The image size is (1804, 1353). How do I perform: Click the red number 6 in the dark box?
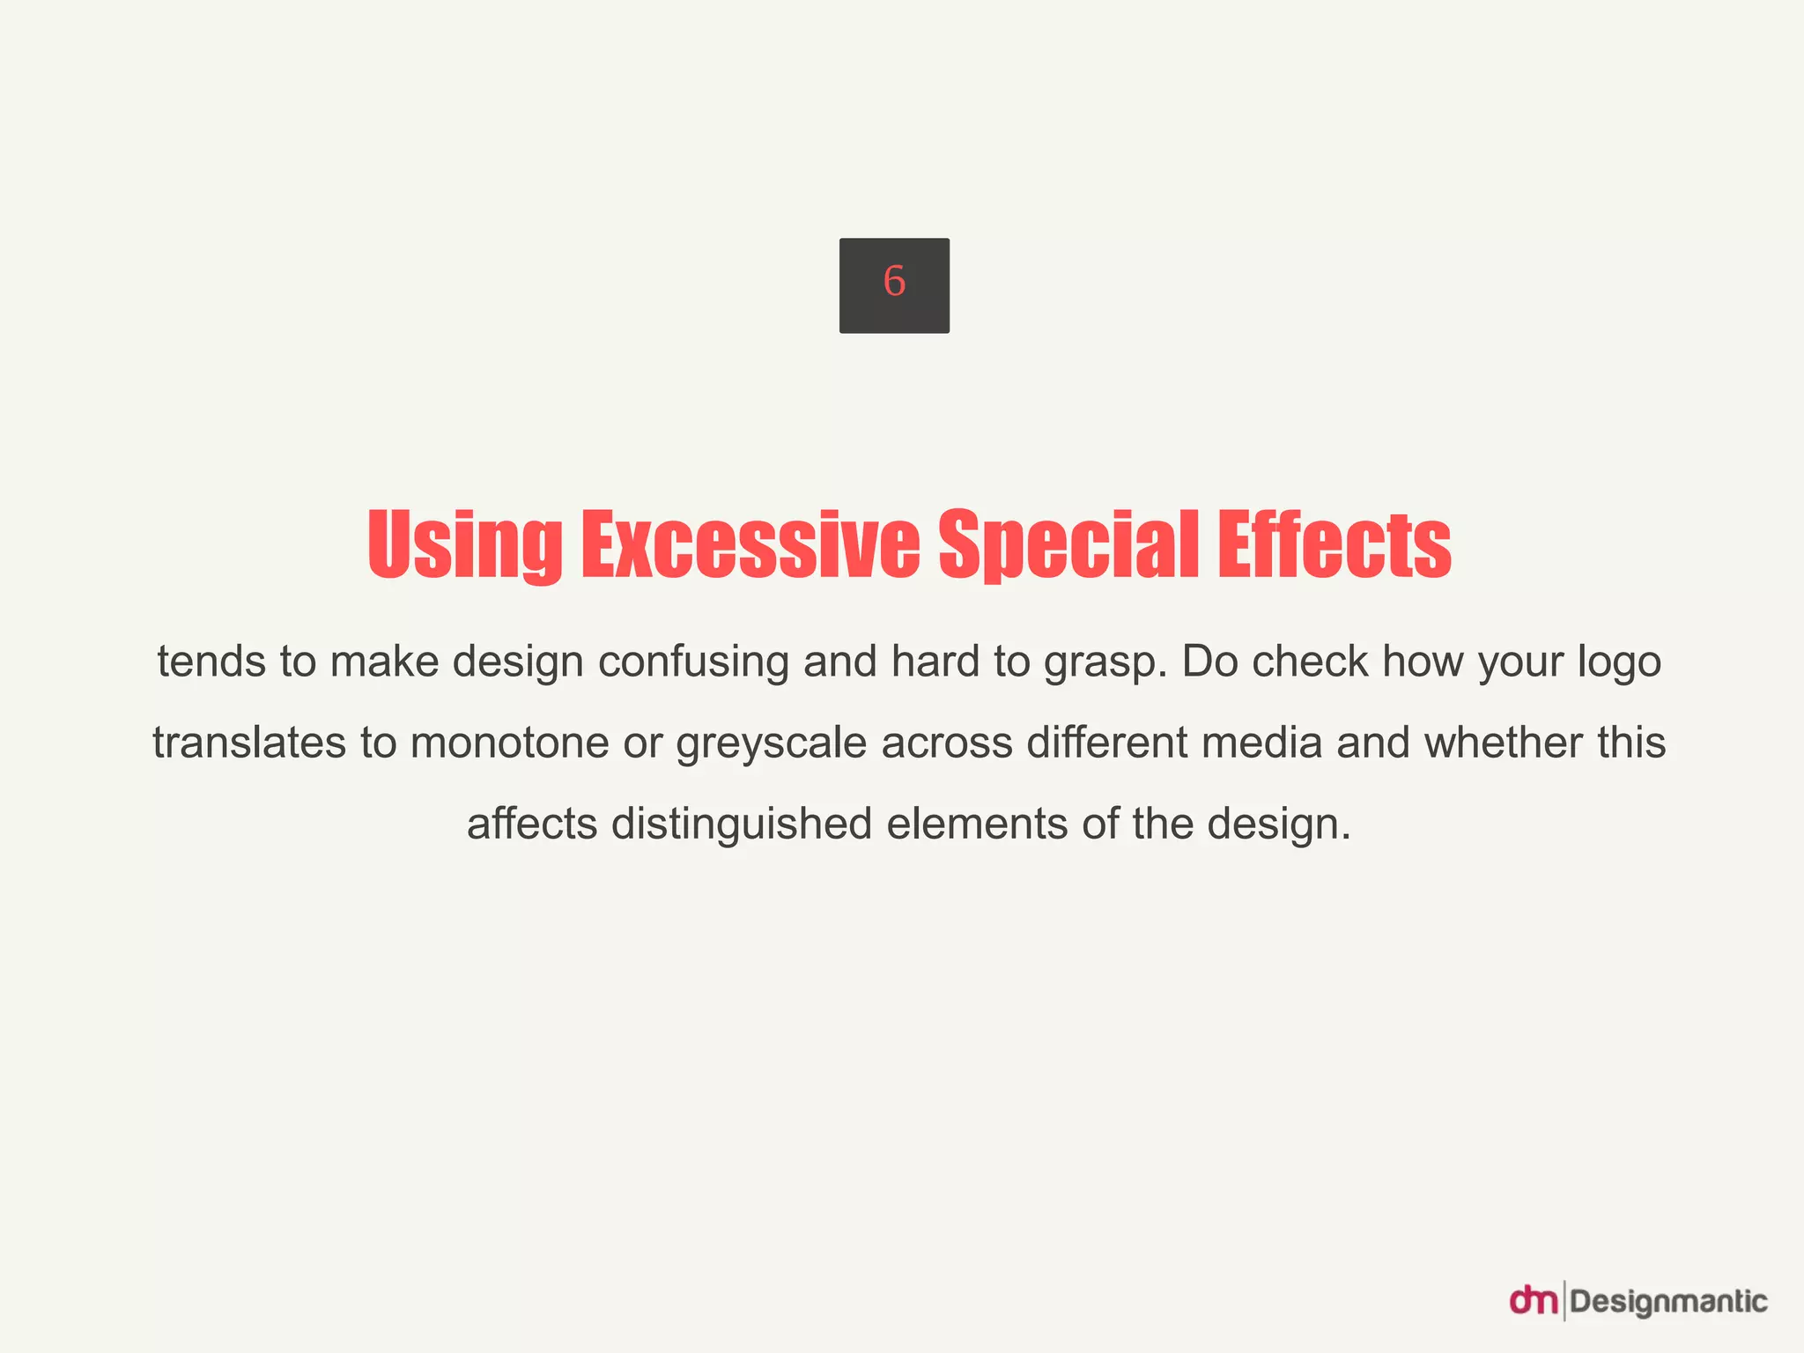(x=894, y=282)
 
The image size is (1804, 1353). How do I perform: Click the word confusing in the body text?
(x=693, y=662)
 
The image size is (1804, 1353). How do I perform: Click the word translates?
(x=249, y=743)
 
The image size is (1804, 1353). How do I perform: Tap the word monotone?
(x=510, y=743)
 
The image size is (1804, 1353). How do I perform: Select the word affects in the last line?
(x=532, y=824)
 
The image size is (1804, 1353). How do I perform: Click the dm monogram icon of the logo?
(x=1534, y=1300)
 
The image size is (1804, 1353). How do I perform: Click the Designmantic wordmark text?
(x=1668, y=1301)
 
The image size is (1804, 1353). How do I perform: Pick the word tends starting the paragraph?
(x=211, y=662)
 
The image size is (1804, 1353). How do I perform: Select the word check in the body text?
(x=1310, y=662)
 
